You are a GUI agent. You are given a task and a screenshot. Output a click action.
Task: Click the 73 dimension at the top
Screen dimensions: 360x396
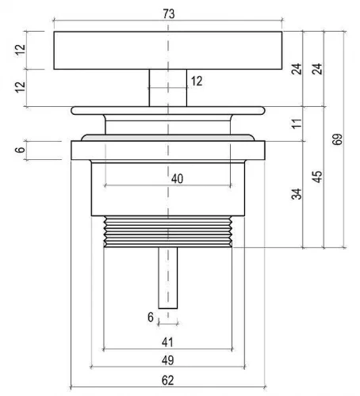(169, 13)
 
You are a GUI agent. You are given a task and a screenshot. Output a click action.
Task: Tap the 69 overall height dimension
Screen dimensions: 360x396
(337, 139)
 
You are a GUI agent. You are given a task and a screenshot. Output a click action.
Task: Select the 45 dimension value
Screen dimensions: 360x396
(317, 177)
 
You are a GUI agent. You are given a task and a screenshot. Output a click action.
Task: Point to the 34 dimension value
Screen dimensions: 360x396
(297, 194)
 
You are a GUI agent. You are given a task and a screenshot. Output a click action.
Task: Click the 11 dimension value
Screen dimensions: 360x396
(297, 124)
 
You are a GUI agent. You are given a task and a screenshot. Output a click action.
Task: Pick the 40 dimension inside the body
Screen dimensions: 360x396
(177, 179)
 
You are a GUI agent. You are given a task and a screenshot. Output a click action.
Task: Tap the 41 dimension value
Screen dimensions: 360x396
(167, 342)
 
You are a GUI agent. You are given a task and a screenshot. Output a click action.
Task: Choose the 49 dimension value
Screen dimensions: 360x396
(168, 360)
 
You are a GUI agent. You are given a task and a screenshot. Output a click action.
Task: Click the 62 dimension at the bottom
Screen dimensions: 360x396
(168, 380)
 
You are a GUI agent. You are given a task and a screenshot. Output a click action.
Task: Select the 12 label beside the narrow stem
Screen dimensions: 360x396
(197, 81)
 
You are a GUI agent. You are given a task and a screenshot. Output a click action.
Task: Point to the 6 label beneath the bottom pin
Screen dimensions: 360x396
(151, 317)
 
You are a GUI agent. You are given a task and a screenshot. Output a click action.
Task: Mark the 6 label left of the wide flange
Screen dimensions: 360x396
(20, 150)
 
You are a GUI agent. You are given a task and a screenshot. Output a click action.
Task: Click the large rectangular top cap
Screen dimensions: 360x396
(168, 51)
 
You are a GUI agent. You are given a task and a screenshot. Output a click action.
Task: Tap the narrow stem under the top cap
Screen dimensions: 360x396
(168, 88)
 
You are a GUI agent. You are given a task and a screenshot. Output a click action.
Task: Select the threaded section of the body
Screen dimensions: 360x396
(168, 231)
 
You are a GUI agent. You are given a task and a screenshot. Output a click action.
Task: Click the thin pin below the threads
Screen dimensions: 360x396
(168, 278)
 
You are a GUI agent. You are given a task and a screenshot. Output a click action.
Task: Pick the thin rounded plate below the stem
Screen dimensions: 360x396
(168, 111)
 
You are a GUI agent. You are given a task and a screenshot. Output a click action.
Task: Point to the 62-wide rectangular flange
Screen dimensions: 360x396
(168, 150)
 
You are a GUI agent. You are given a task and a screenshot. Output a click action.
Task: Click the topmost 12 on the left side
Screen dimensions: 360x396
(20, 49)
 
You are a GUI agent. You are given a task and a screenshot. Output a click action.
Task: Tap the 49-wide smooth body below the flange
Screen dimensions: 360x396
(168, 189)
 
